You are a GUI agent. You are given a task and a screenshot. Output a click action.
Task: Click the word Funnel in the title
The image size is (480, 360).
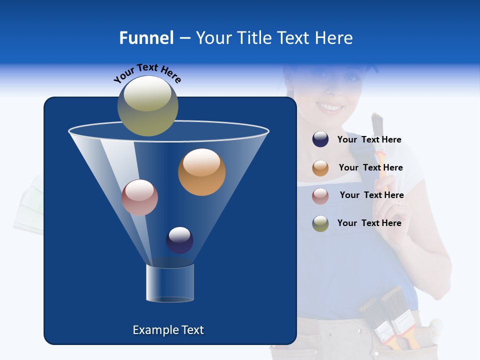click(146, 38)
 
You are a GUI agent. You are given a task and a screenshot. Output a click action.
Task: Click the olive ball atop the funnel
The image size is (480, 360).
click(148, 105)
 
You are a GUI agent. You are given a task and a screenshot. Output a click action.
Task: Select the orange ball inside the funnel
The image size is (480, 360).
click(201, 172)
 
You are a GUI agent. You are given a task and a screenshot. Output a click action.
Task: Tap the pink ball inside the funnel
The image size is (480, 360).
click(139, 197)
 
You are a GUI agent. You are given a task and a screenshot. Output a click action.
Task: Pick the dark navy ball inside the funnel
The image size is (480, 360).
click(179, 240)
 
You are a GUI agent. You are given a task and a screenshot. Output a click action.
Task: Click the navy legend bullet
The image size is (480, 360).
click(320, 139)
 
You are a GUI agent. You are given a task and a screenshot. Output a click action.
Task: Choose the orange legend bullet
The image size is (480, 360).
click(320, 168)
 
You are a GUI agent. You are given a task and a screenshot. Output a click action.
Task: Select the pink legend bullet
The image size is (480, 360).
click(320, 195)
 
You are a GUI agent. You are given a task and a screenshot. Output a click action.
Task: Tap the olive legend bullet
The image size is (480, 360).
click(320, 223)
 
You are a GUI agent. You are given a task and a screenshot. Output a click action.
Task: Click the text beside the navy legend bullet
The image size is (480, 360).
click(369, 139)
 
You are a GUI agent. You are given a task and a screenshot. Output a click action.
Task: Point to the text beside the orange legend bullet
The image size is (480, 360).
click(370, 167)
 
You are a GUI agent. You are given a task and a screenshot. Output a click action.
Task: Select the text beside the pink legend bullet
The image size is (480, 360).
click(371, 195)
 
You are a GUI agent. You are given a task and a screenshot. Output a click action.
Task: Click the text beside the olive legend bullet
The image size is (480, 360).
click(369, 223)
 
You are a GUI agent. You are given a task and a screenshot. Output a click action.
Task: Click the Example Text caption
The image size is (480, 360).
click(168, 330)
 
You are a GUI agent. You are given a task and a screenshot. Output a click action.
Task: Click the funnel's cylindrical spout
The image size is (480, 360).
click(169, 283)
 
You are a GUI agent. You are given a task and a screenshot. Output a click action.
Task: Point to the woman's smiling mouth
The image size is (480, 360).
click(330, 107)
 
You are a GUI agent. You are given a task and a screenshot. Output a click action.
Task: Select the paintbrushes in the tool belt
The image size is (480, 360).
click(390, 317)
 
